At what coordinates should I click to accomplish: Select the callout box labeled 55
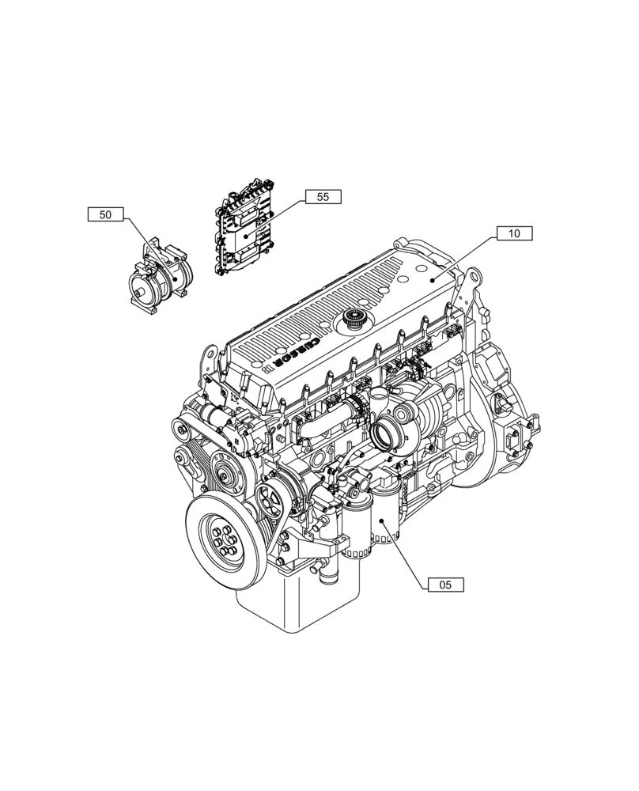(323, 197)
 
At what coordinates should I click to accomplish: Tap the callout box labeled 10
(514, 233)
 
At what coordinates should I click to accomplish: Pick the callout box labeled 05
(445, 585)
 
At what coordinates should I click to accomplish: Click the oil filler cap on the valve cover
(352, 322)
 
